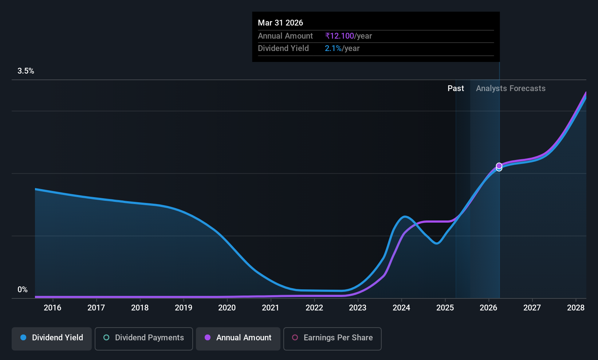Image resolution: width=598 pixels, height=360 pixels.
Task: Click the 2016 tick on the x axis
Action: pos(52,308)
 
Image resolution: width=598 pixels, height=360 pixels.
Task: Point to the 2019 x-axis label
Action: pos(183,308)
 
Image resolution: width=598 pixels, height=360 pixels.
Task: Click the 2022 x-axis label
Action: pos(314,308)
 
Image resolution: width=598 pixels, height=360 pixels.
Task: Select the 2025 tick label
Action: pos(445,308)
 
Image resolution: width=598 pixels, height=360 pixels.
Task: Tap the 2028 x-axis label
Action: pos(575,308)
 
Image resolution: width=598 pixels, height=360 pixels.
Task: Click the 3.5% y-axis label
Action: pos(25,71)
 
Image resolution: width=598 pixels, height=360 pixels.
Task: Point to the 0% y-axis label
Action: pos(23,290)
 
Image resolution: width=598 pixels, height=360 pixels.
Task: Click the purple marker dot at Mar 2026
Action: pos(499,165)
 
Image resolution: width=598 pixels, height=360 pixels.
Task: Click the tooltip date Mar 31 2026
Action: pos(280,23)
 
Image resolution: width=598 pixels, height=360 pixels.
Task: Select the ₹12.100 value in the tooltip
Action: pos(339,36)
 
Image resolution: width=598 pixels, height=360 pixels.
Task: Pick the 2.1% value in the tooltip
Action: pos(333,48)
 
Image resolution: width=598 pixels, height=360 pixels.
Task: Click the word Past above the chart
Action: pos(455,89)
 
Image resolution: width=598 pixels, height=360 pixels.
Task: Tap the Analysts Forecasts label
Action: pos(510,89)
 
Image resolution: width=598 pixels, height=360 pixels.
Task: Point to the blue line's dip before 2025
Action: pos(436,243)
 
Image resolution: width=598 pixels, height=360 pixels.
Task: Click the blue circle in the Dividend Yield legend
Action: pos(23,338)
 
